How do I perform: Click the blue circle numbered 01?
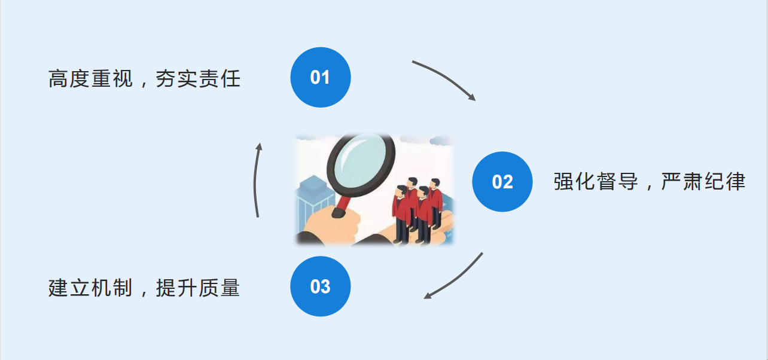tap(321, 78)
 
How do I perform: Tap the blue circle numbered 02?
tap(502, 182)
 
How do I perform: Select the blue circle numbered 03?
tap(321, 286)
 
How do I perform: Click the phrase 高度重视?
tap(90, 79)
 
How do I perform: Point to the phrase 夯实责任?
tap(198, 79)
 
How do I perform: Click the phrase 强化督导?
tap(596, 181)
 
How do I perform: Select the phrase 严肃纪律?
tap(703, 181)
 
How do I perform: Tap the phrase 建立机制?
tap(90, 288)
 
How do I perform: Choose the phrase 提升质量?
tap(198, 288)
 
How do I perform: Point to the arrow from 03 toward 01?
tap(255, 180)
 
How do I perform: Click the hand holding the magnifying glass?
tap(329, 226)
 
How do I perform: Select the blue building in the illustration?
tap(313, 202)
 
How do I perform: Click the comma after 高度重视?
tap(144, 84)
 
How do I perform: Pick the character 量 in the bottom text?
tap(230, 288)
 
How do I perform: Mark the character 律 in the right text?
tap(736, 181)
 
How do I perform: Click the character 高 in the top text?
tap(58, 79)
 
